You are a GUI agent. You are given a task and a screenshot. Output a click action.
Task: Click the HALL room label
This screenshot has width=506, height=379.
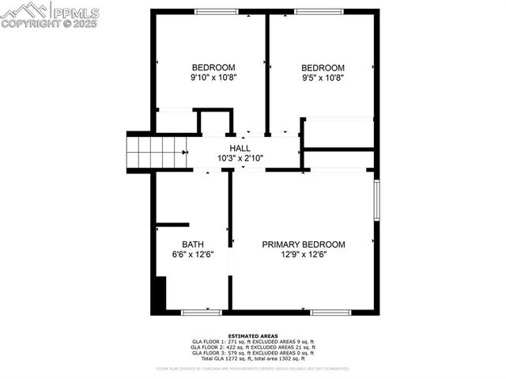coord(240,148)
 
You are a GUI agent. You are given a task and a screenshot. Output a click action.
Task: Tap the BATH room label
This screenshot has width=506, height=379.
coord(193,244)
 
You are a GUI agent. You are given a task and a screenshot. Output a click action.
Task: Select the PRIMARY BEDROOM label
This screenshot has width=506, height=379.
coord(304,244)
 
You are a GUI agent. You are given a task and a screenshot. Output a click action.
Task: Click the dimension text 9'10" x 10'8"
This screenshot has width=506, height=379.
coord(213,78)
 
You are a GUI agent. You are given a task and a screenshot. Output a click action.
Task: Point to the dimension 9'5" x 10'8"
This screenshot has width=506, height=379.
coord(323,78)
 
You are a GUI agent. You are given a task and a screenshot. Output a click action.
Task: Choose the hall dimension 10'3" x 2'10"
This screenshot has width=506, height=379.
coord(240,158)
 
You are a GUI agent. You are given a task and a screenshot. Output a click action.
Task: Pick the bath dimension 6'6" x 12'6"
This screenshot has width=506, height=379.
coord(193,255)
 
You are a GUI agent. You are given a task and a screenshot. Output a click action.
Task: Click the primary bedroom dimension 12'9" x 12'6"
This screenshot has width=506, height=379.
coord(304,255)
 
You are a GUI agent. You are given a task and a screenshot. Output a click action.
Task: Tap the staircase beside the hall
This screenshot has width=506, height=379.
coord(158,150)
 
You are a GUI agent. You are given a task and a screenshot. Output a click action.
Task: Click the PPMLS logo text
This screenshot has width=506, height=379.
coord(76,12)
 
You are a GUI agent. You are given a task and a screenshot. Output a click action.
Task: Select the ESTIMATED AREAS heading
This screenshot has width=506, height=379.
coord(253,336)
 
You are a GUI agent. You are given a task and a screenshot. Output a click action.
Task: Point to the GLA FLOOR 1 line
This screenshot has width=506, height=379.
coord(253,342)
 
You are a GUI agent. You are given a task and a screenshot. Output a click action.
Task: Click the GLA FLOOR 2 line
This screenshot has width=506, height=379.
coord(253,347)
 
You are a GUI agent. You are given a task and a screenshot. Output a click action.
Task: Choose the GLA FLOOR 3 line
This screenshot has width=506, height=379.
coord(253,353)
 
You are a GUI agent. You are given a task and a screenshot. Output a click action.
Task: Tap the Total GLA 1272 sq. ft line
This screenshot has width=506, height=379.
coord(253,358)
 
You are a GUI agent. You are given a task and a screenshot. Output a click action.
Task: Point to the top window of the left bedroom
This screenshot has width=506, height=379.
coord(217,11)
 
